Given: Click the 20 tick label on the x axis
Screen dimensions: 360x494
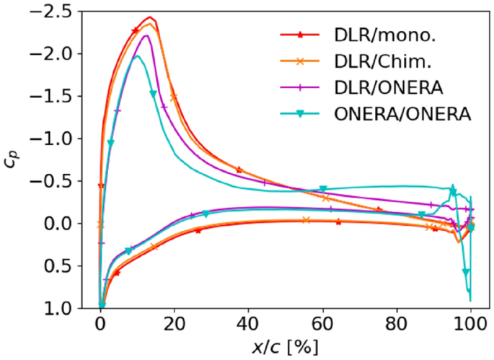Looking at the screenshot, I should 175,322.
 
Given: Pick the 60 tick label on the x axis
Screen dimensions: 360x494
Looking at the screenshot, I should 323,322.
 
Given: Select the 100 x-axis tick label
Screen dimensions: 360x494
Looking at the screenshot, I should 471,322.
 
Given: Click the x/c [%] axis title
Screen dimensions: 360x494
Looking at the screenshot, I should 286,346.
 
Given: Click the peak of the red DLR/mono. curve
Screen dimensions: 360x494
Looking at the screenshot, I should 149,17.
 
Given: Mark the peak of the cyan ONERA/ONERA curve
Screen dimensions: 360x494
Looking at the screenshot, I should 137,56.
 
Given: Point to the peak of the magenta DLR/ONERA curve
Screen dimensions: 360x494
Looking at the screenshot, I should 146,35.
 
